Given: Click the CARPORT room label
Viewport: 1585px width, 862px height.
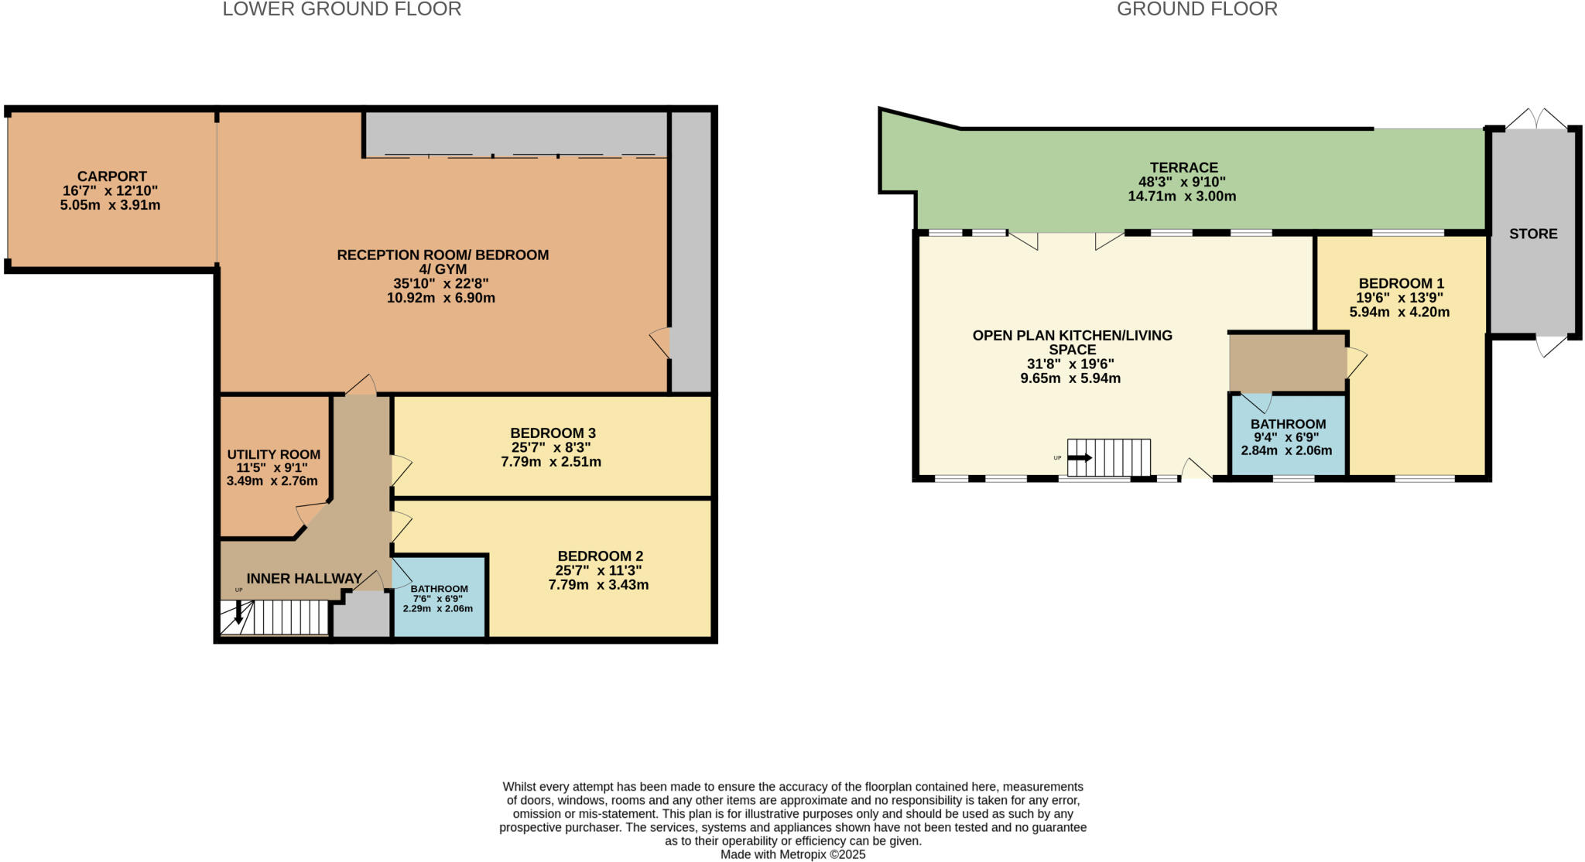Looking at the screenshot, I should click(111, 176).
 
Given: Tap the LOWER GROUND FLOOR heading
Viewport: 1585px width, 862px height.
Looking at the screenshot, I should click(341, 9).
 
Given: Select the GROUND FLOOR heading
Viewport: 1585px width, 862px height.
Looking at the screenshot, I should click(1196, 9).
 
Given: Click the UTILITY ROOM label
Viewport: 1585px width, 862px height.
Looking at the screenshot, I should click(273, 455).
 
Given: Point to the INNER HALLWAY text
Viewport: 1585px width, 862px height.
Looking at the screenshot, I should click(304, 579).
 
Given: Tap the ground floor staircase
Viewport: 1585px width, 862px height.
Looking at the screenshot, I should click(1108, 457).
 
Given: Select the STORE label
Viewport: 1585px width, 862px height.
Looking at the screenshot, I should click(1532, 234).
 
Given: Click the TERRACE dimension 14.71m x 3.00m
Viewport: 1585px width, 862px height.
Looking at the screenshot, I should click(1181, 197).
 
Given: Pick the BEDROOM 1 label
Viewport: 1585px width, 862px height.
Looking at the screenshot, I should click(1401, 283).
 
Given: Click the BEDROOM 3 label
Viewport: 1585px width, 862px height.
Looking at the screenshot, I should click(553, 433).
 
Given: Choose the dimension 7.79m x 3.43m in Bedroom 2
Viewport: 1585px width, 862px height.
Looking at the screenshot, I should click(598, 585).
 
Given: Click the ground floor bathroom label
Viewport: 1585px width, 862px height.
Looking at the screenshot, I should click(1288, 424).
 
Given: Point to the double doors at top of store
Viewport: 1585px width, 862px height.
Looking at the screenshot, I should click(1535, 119).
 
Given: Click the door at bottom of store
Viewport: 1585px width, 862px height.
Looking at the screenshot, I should click(1551, 346).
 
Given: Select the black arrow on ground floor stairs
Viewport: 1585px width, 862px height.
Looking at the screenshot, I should click(1080, 458).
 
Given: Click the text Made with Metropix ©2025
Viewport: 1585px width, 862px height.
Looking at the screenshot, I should click(792, 854).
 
